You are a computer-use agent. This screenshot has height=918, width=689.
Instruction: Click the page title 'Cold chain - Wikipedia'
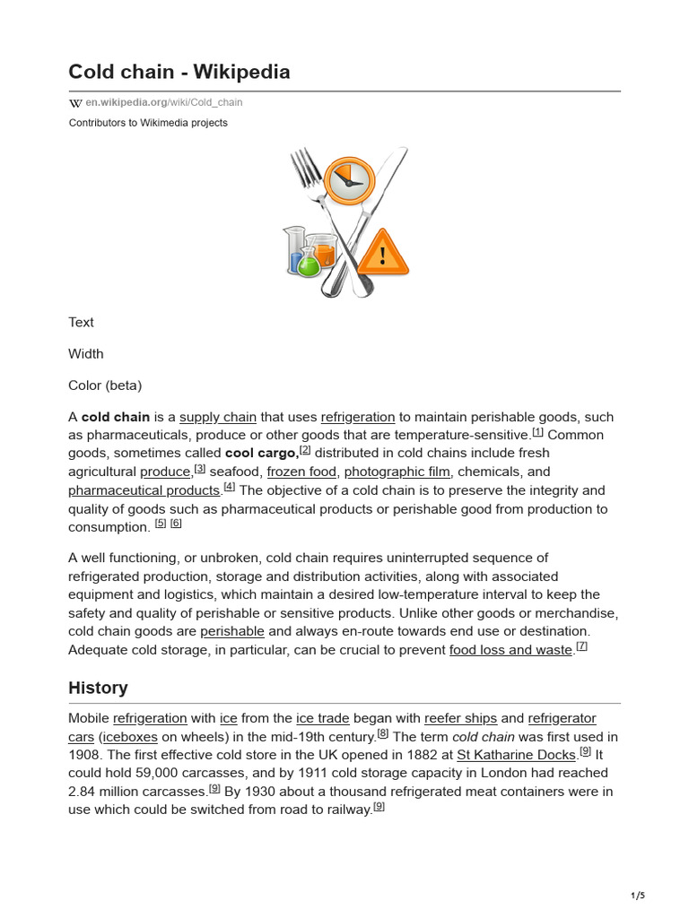pyautogui.click(x=179, y=72)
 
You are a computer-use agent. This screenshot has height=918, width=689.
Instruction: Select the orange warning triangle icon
pyautogui.click(x=383, y=253)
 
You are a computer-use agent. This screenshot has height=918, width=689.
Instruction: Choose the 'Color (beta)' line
pyautogui.click(x=105, y=385)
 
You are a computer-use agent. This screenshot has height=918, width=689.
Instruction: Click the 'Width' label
pyautogui.click(x=86, y=354)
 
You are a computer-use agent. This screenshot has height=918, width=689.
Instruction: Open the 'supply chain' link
pyautogui.click(x=218, y=417)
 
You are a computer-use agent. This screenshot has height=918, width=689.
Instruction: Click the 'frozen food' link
pyautogui.click(x=301, y=472)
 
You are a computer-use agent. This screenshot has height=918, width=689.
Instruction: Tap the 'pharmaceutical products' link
pyautogui.click(x=144, y=490)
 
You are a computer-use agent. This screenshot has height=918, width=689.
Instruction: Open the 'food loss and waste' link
pyautogui.click(x=510, y=650)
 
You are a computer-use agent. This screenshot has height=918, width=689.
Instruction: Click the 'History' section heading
pyautogui.click(x=98, y=688)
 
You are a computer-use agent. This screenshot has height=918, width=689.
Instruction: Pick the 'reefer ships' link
pyautogui.click(x=460, y=718)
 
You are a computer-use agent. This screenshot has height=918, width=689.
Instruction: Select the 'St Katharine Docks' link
pyautogui.click(x=516, y=755)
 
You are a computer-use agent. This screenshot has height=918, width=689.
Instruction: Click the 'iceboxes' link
pyautogui.click(x=129, y=737)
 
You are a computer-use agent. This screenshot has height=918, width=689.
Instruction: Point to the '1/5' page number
pyautogui.click(x=638, y=896)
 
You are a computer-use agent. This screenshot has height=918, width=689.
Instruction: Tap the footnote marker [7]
pyautogui.click(x=581, y=646)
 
